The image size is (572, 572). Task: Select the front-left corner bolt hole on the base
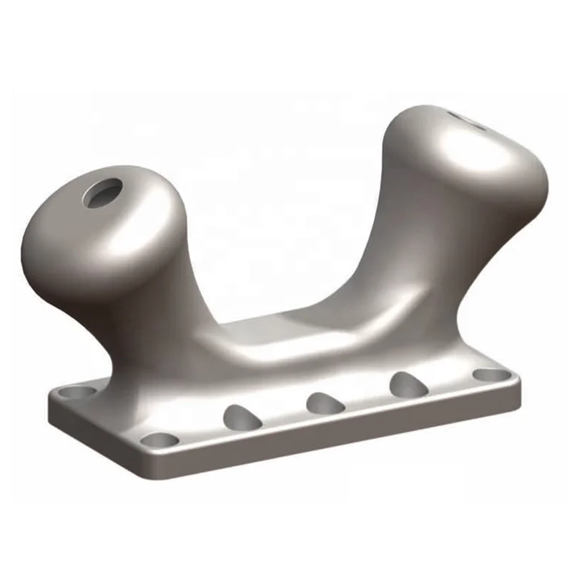coord(159,439)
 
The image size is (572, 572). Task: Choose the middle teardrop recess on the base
coord(325,403)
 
